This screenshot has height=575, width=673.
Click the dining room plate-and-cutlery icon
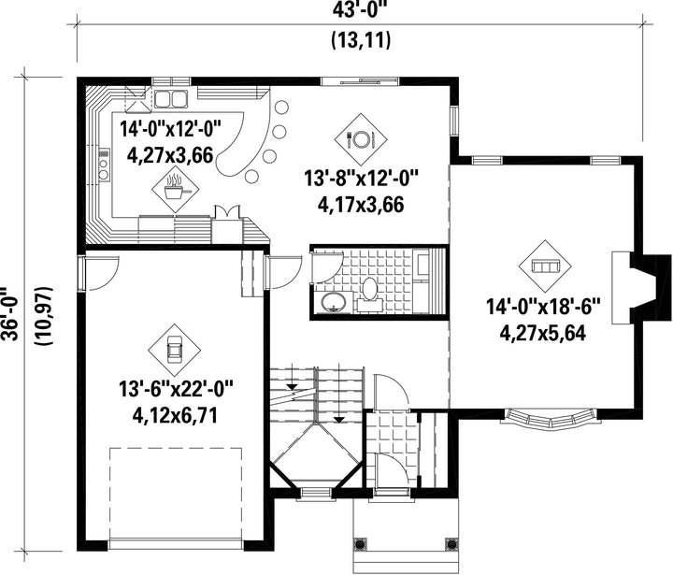pos(361,138)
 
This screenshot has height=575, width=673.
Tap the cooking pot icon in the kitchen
pos(176,189)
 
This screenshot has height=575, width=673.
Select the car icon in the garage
pos(174,350)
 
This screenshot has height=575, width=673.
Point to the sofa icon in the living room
pos(545,266)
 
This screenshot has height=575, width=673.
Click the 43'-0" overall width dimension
pos(360,9)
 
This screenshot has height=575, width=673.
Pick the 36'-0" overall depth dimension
pos(9,312)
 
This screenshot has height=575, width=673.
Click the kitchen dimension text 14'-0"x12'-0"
pos(170,129)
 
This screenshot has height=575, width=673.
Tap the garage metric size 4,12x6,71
pos(175,415)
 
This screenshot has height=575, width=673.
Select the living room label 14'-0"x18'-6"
pos(542,308)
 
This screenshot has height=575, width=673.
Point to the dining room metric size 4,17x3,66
pos(361,205)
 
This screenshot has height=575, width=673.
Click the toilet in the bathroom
pos(368,292)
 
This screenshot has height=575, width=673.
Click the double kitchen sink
pos(171,99)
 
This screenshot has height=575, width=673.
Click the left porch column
pos(360,543)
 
